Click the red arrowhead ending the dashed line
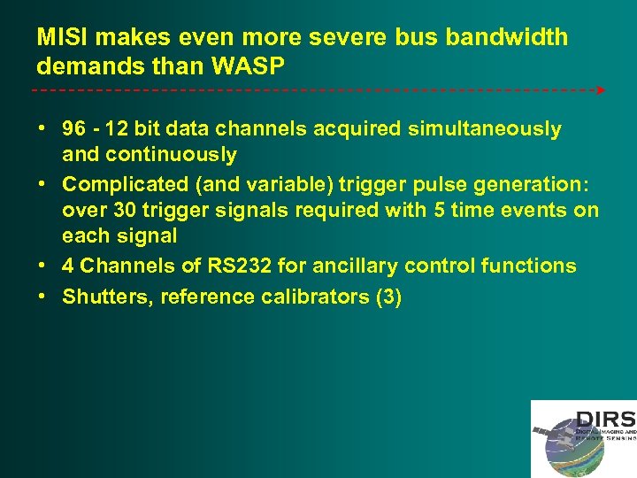pyautogui.click(x=602, y=90)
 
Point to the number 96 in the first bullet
pyautogui.click(x=74, y=129)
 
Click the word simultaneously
pyautogui.click(x=485, y=129)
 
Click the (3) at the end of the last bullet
pyautogui.click(x=389, y=297)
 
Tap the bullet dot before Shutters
pyautogui.click(x=42, y=297)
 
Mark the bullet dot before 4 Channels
pyautogui.click(x=42, y=265)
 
